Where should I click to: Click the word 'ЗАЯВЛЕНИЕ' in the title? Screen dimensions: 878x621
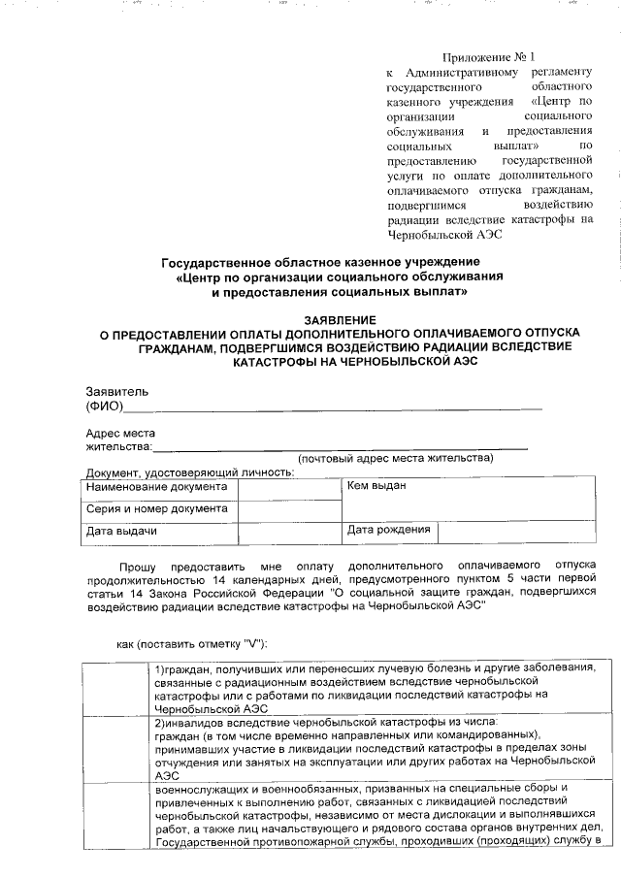(x=339, y=319)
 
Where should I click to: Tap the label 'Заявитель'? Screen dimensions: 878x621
(x=117, y=391)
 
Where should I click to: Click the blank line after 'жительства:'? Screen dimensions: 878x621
(x=340, y=447)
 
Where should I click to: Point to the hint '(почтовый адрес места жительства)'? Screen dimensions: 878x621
(x=396, y=459)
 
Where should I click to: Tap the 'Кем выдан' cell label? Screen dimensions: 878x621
(x=376, y=486)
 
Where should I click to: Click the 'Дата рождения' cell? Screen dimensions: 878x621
(x=388, y=531)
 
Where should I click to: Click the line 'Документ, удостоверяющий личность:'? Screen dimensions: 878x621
(x=190, y=472)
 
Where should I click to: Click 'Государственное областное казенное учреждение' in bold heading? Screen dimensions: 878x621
(x=319, y=264)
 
